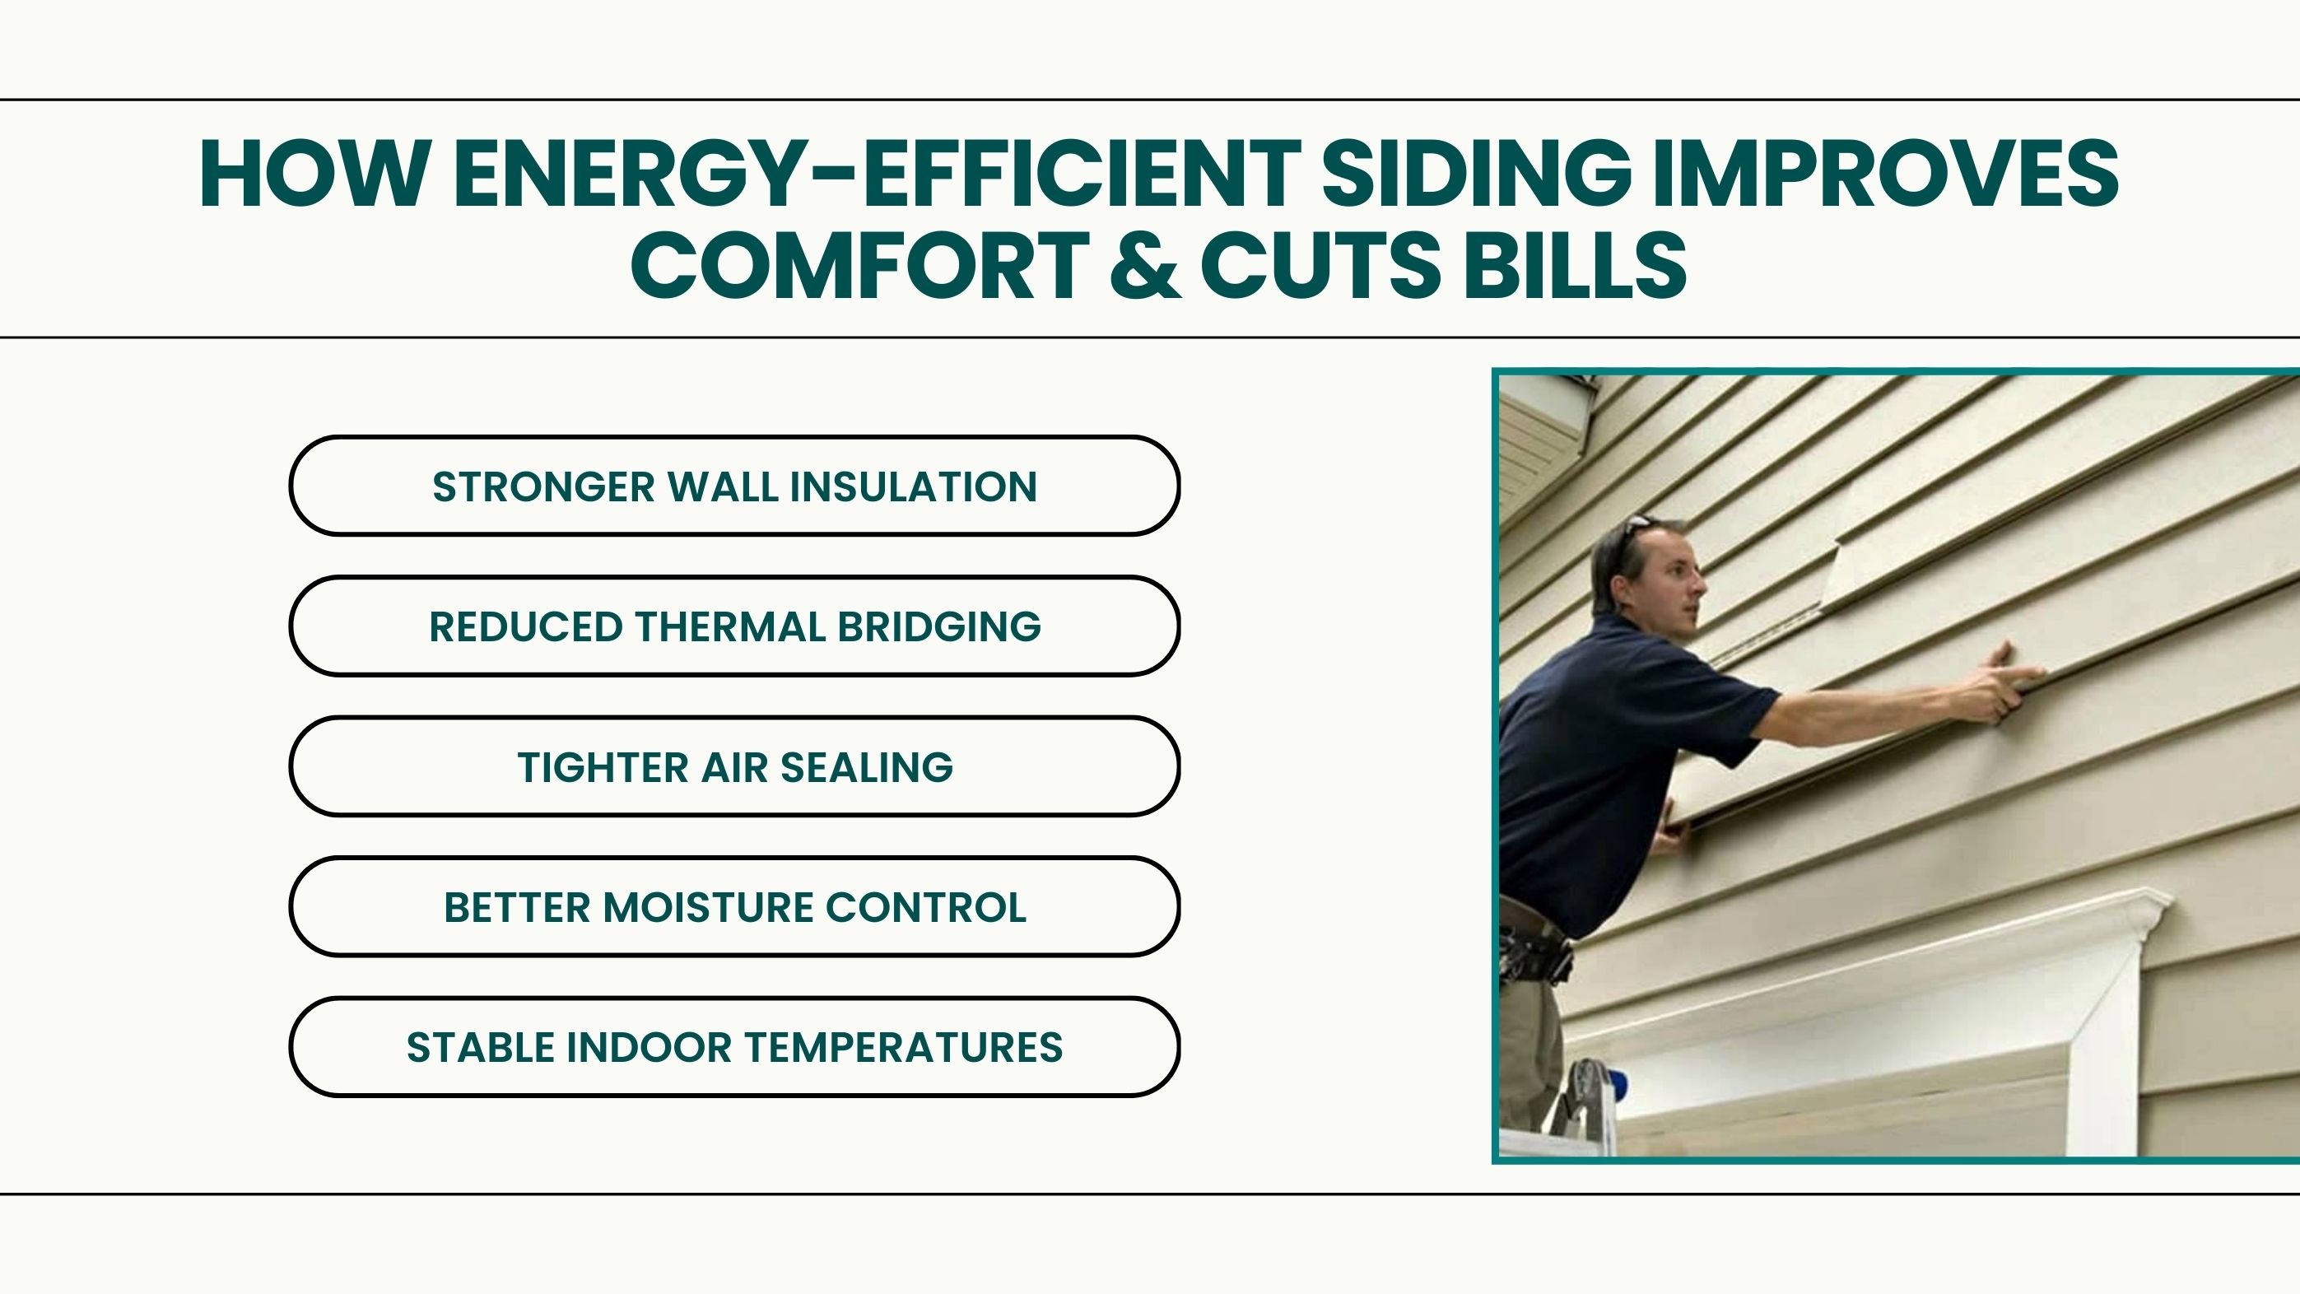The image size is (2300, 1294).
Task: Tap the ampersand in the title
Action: point(1146,264)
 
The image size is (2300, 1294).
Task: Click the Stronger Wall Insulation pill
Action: point(734,486)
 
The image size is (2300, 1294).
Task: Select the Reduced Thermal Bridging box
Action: point(734,626)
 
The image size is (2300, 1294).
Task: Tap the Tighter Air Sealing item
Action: point(734,766)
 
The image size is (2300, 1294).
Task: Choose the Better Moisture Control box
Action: point(734,906)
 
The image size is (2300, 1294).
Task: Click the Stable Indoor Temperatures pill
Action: point(734,1046)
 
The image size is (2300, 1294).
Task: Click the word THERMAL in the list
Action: point(729,627)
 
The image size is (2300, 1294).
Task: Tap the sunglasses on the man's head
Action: point(1637,529)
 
